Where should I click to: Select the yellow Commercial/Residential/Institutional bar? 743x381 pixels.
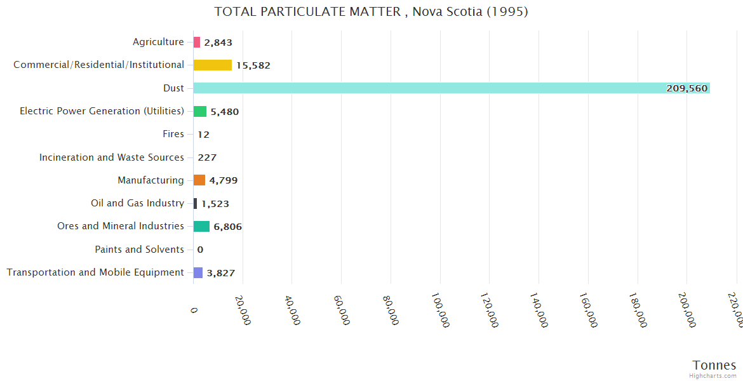pos(213,65)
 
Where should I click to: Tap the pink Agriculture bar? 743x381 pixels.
pos(197,43)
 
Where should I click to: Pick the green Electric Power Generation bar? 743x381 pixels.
pos(200,111)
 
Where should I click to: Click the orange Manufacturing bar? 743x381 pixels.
pos(199,180)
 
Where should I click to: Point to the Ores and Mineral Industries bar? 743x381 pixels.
pos(201,227)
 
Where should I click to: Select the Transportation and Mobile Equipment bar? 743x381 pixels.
pos(198,272)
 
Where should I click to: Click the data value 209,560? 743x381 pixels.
pos(686,88)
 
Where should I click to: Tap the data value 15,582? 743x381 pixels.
pos(253,65)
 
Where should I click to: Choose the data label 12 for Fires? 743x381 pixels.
pos(203,135)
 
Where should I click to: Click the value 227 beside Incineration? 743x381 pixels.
pos(207,157)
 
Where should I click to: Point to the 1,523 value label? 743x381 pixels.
pos(215,204)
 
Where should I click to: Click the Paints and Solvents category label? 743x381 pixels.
pos(139,250)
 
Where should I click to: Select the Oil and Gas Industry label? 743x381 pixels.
pos(137,203)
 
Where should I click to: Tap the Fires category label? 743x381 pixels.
pos(173,134)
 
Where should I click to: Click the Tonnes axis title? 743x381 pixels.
pos(714,365)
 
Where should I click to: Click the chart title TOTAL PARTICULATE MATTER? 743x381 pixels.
pos(371,11)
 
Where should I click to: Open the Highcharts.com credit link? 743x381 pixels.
pos(713,376)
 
